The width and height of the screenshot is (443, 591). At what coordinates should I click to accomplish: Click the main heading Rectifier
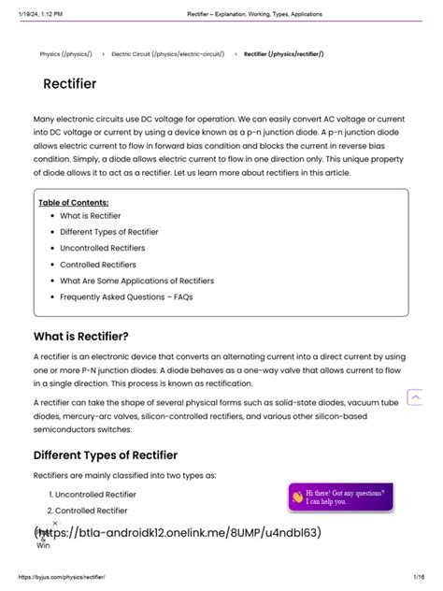(x=69, y=84)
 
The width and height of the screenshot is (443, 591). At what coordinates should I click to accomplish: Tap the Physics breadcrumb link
(x=65, y=54)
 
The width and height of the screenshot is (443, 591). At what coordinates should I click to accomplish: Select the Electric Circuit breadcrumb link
(x=167, y=54)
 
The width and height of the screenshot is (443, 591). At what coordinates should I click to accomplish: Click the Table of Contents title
(x=73, y=202)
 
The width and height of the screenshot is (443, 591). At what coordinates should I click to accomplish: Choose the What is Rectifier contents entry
(x=90, y=216)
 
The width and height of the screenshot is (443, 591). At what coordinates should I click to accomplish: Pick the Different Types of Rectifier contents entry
(x=108, y=232)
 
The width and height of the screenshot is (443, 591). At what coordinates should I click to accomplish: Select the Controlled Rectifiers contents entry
(x=98, y=265)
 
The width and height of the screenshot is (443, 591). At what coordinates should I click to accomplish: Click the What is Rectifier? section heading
(x=80, y=337)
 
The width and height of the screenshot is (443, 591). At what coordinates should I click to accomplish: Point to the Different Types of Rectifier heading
(x=105, y=455)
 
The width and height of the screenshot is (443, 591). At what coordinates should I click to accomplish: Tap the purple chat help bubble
(x=341, y=497)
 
